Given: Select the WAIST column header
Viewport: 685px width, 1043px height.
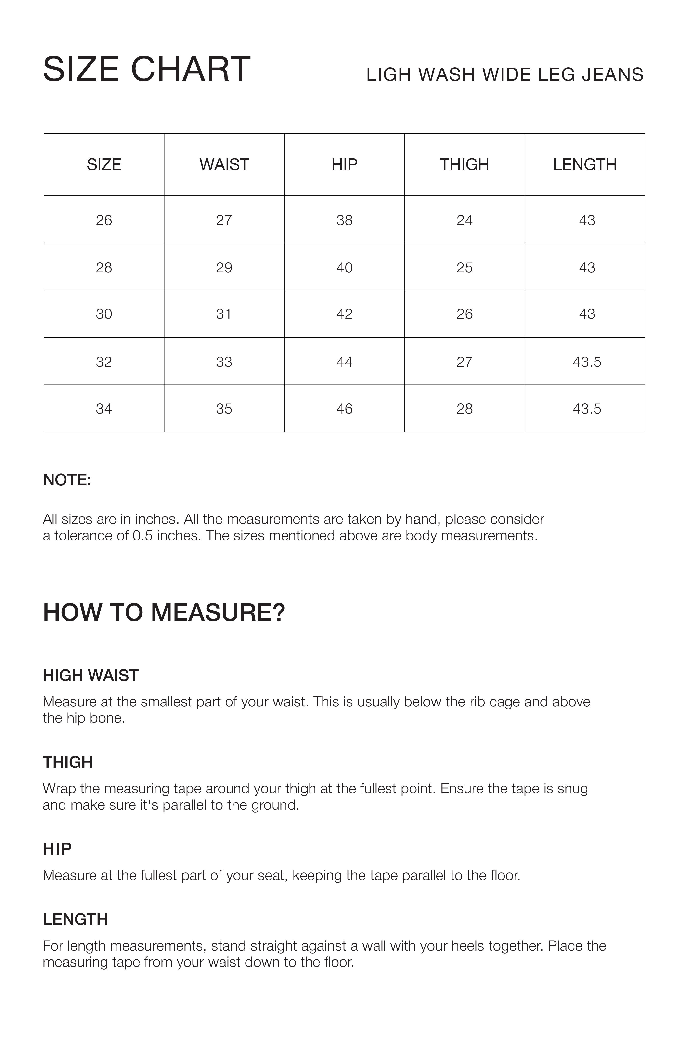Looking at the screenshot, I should coord(224,165).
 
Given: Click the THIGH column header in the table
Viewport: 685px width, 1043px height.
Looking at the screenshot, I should coord(465,165).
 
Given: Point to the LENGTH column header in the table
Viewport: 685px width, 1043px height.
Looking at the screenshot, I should coord(585,165).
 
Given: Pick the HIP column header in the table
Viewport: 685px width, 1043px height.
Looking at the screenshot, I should coord(344,165).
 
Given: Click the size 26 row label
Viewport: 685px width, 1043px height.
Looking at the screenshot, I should coord(104,220).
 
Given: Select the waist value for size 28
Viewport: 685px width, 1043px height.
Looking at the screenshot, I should coord(224,267).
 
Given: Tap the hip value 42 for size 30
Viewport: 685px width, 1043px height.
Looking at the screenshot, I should coord(344,314).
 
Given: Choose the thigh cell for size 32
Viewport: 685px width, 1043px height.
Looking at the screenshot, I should coord(465,362).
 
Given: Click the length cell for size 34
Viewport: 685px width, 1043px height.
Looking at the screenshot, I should coord(587,409).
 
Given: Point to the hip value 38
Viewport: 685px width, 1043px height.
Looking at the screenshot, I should coord(344,220).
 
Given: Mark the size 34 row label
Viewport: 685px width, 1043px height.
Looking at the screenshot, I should coord(104,409).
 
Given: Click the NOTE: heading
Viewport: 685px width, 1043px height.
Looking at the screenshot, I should coord(67,480).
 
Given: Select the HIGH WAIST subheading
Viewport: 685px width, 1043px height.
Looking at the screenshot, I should coord(90,676).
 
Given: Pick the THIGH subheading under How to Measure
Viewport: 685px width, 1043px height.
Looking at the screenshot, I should coord(67,763).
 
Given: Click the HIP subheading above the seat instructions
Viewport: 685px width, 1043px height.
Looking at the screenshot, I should coord(57,849).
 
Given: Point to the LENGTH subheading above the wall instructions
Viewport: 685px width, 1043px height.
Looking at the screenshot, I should coord(75,919).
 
